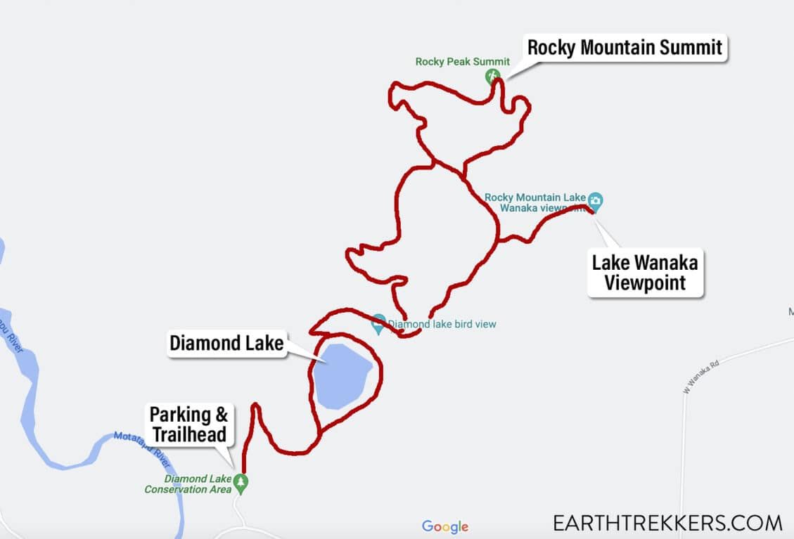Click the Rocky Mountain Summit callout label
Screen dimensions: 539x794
coord(625,48)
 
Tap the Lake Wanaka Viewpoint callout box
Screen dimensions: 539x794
coord(644,273)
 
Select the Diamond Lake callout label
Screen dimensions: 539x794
coord(226,344)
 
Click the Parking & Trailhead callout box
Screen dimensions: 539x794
coord(188,424)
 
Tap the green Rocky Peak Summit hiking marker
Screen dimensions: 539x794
coord(492,75)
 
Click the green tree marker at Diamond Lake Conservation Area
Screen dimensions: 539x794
coord(241,482)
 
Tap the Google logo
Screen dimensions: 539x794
coord(444,526)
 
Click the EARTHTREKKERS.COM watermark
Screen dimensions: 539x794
coord(667,523)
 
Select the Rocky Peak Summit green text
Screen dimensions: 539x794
coord(462,62)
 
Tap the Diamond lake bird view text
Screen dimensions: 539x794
coord(442,325)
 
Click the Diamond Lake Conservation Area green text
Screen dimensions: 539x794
coord(188,484)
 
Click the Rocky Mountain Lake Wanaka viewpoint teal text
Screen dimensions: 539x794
coord(534,202)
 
